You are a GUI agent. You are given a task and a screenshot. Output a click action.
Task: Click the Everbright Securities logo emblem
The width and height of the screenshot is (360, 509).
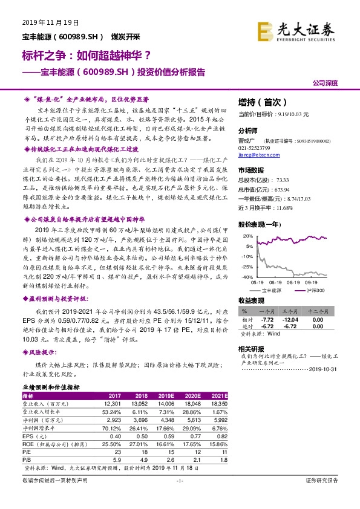coord(264,29)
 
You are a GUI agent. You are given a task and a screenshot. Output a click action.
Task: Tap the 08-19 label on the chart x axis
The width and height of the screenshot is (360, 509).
coord(296,281)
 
